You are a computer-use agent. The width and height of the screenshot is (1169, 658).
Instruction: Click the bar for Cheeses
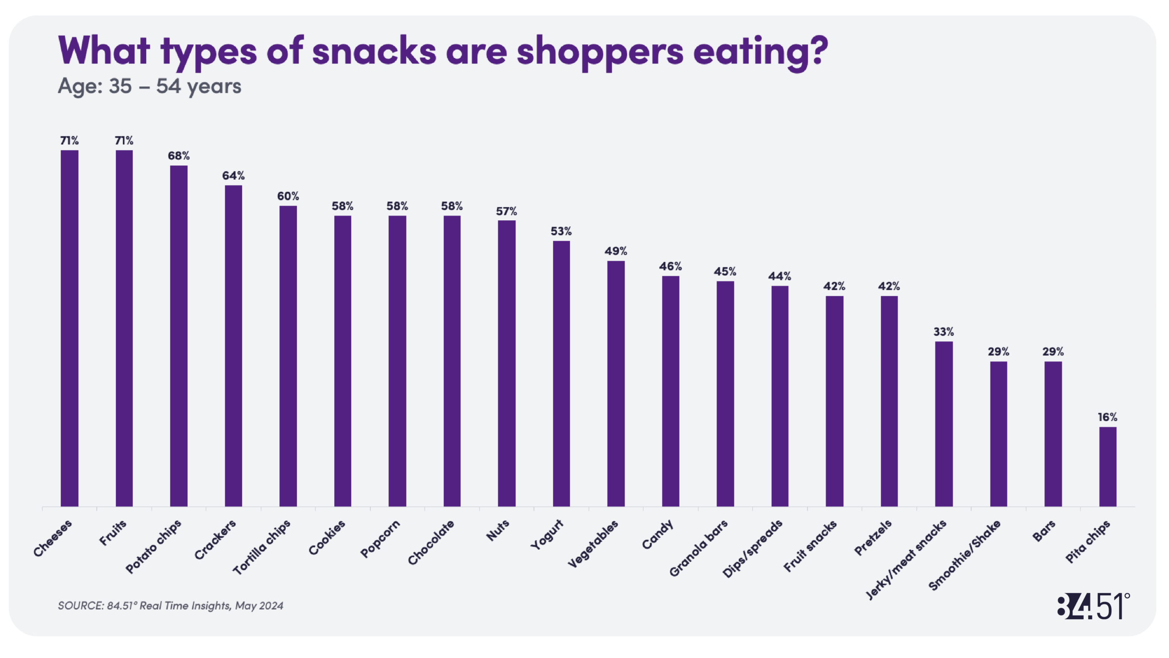69,328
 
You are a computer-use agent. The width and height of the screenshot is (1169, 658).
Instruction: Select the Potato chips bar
179,336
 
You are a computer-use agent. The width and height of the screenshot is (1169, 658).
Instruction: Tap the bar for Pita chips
1107,467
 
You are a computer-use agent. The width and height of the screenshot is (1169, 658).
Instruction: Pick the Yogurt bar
561,373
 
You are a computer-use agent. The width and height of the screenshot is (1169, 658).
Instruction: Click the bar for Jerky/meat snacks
943,424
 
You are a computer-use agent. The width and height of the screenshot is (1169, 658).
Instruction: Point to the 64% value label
233,175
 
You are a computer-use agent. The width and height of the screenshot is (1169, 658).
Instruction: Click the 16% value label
1107,417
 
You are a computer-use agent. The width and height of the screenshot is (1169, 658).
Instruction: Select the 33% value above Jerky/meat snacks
943,331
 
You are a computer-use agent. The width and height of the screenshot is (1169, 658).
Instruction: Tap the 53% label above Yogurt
561,231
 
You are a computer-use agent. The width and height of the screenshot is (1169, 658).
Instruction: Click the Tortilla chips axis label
262,547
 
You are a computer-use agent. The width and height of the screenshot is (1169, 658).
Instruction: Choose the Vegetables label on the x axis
593,544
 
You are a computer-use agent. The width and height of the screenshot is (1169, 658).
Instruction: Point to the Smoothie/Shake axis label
964,555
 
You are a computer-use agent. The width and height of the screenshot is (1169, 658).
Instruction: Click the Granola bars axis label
699,548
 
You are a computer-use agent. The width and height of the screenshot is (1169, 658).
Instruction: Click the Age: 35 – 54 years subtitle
149,86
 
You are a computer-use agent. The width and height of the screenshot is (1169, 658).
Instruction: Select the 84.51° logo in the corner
1093,606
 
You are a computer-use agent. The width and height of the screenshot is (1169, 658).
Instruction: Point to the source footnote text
170,605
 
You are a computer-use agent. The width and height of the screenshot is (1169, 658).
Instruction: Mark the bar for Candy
670,391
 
